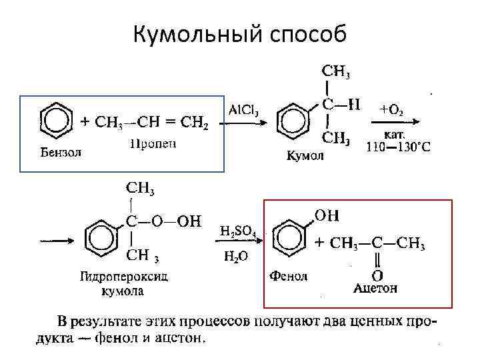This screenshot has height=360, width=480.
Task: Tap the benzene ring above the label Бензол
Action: tap(56, 121)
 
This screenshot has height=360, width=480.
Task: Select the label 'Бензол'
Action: tap(58, 151)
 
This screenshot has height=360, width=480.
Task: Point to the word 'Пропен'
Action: tap(153, 144)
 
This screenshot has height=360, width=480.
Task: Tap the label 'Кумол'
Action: tap(305, 156)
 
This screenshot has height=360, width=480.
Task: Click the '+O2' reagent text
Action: tap(391, 111)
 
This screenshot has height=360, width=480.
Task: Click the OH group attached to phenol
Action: tap(326, 215)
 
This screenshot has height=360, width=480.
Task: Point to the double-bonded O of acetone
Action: tap(377, 275)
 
